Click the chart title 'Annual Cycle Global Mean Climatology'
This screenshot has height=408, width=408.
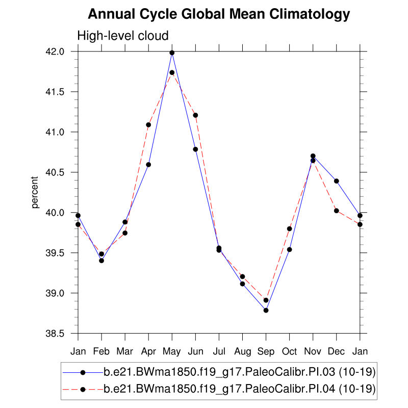(x=219, y=14)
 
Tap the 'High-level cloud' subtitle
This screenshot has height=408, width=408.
(x=122, y=36)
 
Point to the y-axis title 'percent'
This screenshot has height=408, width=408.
(x=35, y=193)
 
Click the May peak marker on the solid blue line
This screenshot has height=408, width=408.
(x=172, y=53)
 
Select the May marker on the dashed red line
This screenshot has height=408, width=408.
(x=172, y=72)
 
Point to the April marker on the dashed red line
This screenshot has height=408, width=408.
(x=148, y=124)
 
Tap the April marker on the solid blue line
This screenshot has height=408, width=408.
(x=148, y=164)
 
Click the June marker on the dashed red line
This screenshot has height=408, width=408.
(x=195, y=115)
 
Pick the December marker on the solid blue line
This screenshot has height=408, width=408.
(x=337, y=181)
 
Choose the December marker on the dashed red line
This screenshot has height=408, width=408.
(x=337, y=211)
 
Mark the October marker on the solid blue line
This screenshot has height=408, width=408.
(x=290, y=249)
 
